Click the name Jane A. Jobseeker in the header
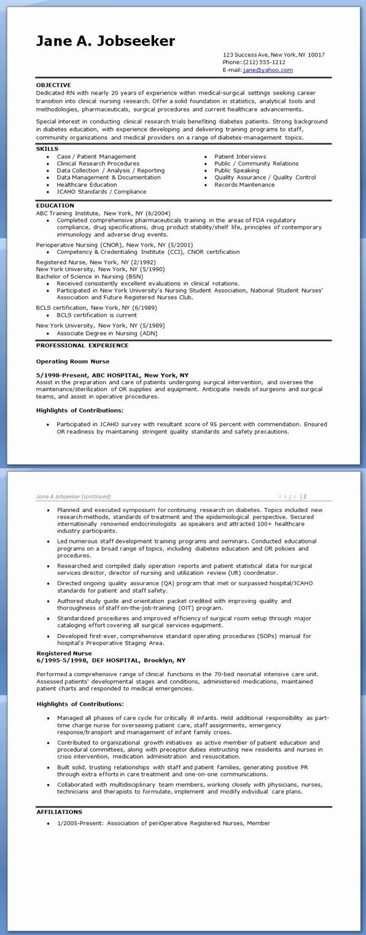click(x=106, y=41)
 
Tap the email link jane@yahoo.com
click(x=268, y=70)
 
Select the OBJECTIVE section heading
click(x=53, y=85)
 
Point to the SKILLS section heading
click(x=47, y=149)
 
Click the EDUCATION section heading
click(x=55, y=205)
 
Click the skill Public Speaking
click(x=236, y=170)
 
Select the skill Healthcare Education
click(x=87, y=184)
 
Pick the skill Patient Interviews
click(x=240, y=157)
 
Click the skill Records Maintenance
click(x=244, y=184)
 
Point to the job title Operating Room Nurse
click(x=72, y=361)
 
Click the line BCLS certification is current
click(x=96, y=315)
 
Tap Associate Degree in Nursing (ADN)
click(x=107, y=333)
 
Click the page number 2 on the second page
click(x=305, y=496)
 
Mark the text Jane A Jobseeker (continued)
click(x=74, y=496)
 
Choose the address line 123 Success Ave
click(x=273, y=55)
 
